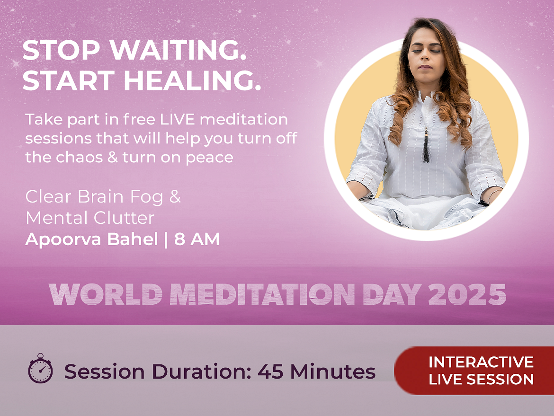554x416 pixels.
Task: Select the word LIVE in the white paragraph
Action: coord(178,119)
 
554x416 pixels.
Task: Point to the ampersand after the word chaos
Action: coord(112,157)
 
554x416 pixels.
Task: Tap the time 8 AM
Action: coord(197,239)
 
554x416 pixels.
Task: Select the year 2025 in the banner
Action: coord(467,294)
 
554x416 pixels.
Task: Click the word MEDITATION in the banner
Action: coord(262,294)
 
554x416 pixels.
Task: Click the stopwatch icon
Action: coord(41,368)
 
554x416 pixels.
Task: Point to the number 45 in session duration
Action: coord(270,372)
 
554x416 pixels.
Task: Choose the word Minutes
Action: coord(333,372)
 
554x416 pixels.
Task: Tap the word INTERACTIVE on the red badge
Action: coord(481,362)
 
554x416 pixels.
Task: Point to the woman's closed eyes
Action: coord(426,51)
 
